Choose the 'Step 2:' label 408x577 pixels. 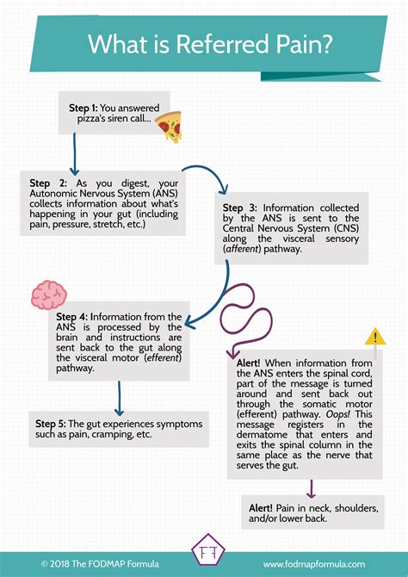pyautogui.click(x=48, y=183)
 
